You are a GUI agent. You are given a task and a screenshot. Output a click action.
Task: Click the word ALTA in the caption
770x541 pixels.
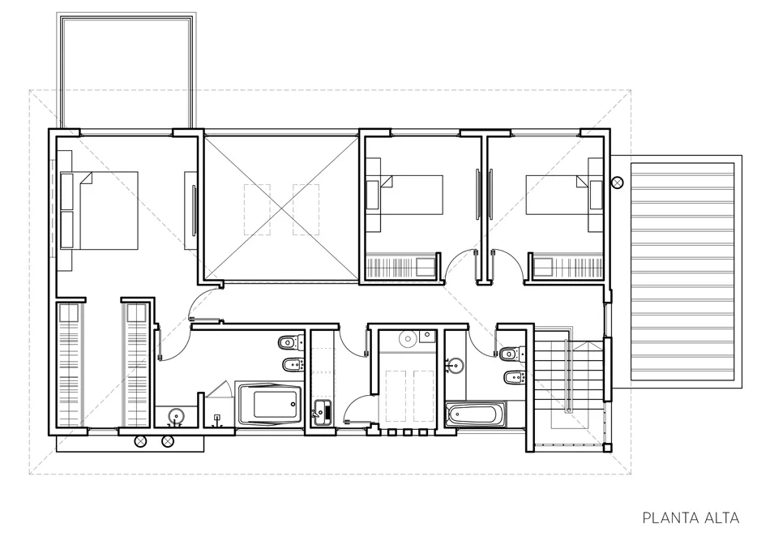(x=722, y=518)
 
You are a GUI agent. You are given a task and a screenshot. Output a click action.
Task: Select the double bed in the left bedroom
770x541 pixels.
(x=99, y=210)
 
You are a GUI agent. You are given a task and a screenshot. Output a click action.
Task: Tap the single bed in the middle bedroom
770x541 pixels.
(x=405, y=195)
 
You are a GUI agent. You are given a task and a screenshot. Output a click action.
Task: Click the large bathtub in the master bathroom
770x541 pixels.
(x=270, y=404)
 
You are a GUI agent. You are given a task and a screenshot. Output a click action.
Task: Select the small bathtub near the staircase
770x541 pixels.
(x=475, y=414)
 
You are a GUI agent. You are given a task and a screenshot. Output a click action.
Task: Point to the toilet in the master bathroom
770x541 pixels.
(x=290, y=342)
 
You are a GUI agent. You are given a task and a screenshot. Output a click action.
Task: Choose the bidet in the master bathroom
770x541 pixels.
(x=293, y=365)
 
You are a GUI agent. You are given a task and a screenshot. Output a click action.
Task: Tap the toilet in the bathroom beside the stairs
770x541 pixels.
(x=513, y=352)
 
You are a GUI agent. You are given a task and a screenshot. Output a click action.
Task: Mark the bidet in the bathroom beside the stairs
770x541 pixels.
(x=515, y=377)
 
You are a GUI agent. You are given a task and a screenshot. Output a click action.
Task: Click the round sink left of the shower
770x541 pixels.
(x=176, y=416)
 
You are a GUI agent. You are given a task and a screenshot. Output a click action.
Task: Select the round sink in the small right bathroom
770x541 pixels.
(x=456, y=366)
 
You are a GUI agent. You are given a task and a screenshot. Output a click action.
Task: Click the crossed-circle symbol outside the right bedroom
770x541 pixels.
(x=618, y=183)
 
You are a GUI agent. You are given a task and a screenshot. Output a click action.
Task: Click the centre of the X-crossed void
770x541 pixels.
(x=281, y=208)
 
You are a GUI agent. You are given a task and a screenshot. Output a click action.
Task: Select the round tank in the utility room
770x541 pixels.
(x=407, y=338)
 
